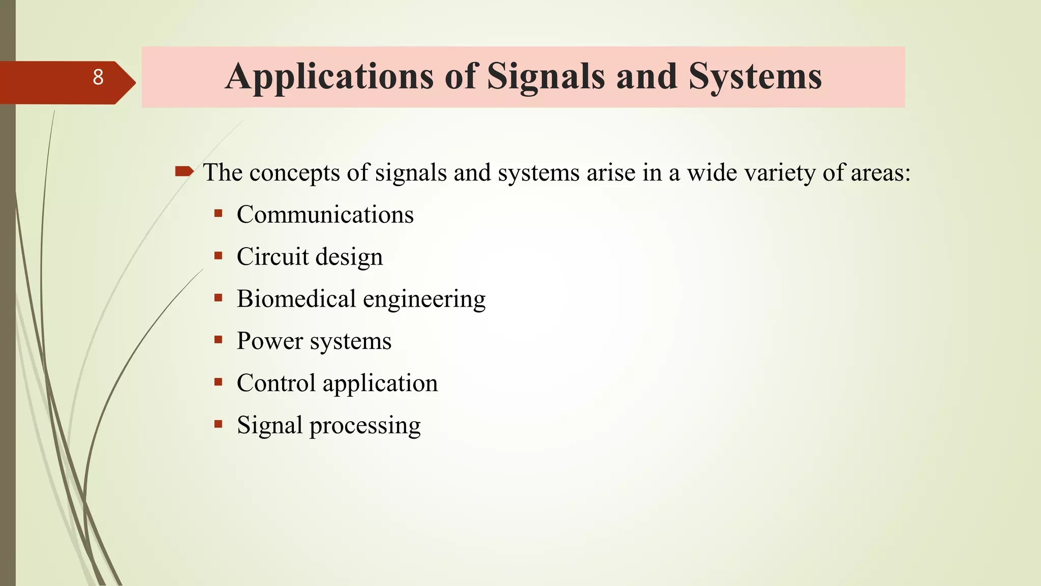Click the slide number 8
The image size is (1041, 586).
[x=98, y=77]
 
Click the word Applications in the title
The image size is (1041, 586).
[x=329, y=77]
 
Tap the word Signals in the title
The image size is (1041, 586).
[x=546, y=77]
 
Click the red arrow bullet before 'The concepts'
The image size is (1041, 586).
[x=184, y=171]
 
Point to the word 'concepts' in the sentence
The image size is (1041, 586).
[x=294, y=173]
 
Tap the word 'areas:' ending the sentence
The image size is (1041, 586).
[x=880, y=173]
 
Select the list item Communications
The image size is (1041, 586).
[x=325, y=215]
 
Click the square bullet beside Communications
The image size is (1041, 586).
[x=219, y=214]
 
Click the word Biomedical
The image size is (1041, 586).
[x=296, y=299]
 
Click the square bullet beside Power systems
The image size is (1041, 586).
[x=219, y=340]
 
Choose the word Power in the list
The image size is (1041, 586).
[x=270, y=341]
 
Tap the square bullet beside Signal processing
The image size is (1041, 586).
[x=219, y=424]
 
